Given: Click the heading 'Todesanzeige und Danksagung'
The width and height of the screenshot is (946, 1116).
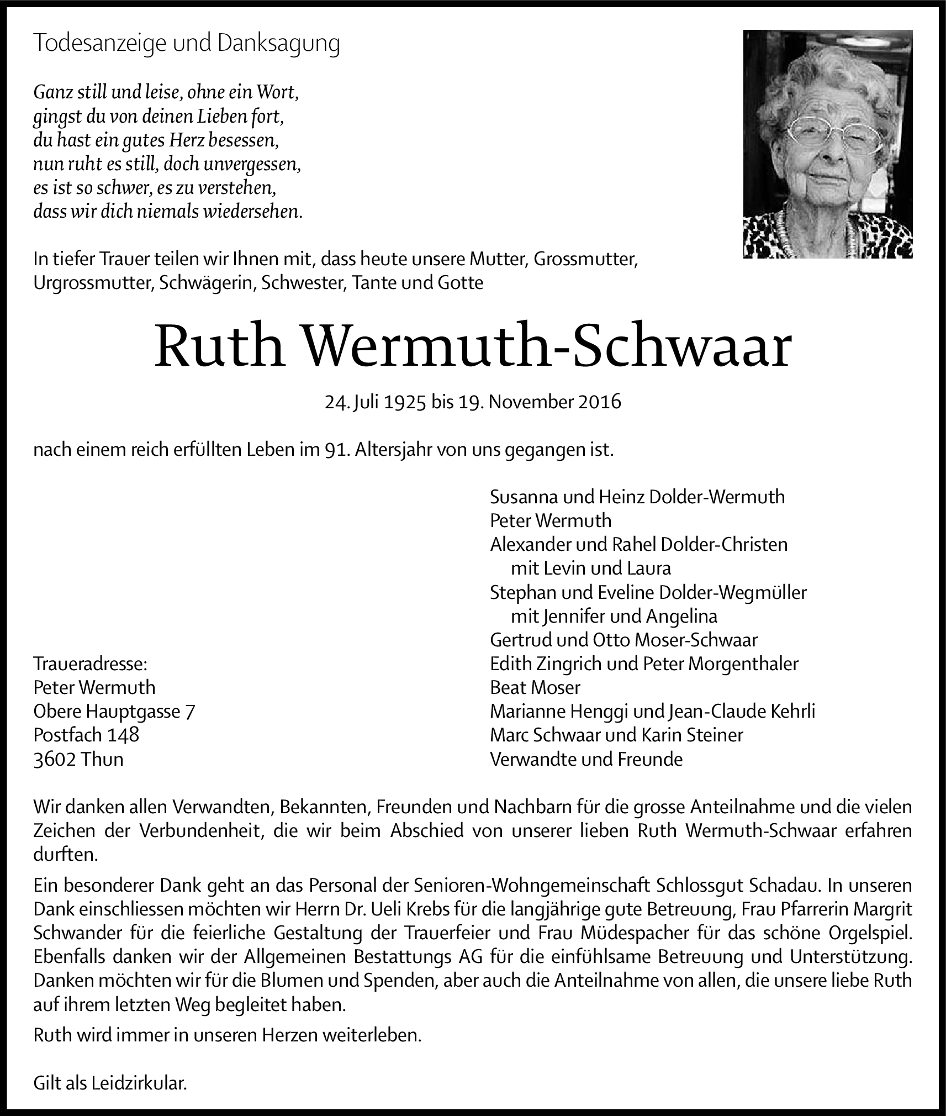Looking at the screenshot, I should (186, 44).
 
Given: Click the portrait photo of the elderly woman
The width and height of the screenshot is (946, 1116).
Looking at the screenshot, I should (827, 144).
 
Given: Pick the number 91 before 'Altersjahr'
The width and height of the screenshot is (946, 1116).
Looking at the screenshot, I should (335, 450).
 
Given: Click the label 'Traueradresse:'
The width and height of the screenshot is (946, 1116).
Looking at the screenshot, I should (91, 663).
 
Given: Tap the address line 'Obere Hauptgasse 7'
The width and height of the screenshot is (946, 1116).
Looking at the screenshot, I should (114, 710).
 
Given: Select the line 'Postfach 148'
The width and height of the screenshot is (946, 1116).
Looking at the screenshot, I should (86, 734).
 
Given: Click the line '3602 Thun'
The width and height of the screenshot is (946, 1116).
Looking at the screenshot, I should (78, 759).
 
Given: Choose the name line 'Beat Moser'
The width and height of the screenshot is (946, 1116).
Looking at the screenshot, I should (535, 687).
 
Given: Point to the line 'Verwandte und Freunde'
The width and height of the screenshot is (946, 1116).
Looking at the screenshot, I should (586, 759).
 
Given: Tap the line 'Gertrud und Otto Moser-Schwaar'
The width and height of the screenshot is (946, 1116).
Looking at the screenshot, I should (623, 639).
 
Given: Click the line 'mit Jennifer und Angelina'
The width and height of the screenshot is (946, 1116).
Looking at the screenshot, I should (614, 615).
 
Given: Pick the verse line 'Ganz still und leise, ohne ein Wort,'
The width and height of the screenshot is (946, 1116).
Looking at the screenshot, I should (166, 92).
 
